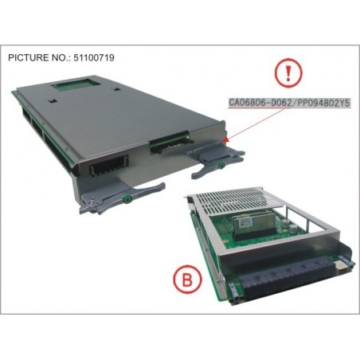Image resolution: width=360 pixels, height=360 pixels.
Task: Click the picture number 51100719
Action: [x=92, y=57]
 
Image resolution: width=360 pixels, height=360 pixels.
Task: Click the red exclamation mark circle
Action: [x=288, y=72]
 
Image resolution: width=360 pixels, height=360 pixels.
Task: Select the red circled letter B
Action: [x=188, y=280]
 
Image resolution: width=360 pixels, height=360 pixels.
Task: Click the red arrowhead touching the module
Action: [x=225, y=139]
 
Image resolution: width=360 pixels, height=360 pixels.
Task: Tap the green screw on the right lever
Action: [x=220, y=166]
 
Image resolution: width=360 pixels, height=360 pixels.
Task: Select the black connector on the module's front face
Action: [x=109, y=165]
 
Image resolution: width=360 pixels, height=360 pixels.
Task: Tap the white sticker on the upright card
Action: [x=244, y=224]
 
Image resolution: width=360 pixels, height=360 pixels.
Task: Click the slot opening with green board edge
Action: [x=170, y=142]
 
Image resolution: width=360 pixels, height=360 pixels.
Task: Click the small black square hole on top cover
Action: [x=52, y=101]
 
